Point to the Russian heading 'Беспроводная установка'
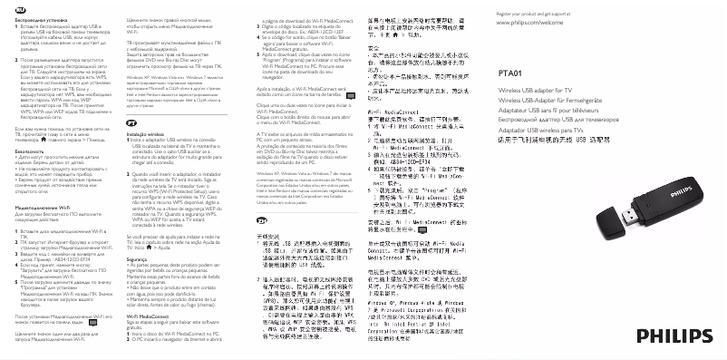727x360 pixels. pyautogui.click(x=38, y=15)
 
